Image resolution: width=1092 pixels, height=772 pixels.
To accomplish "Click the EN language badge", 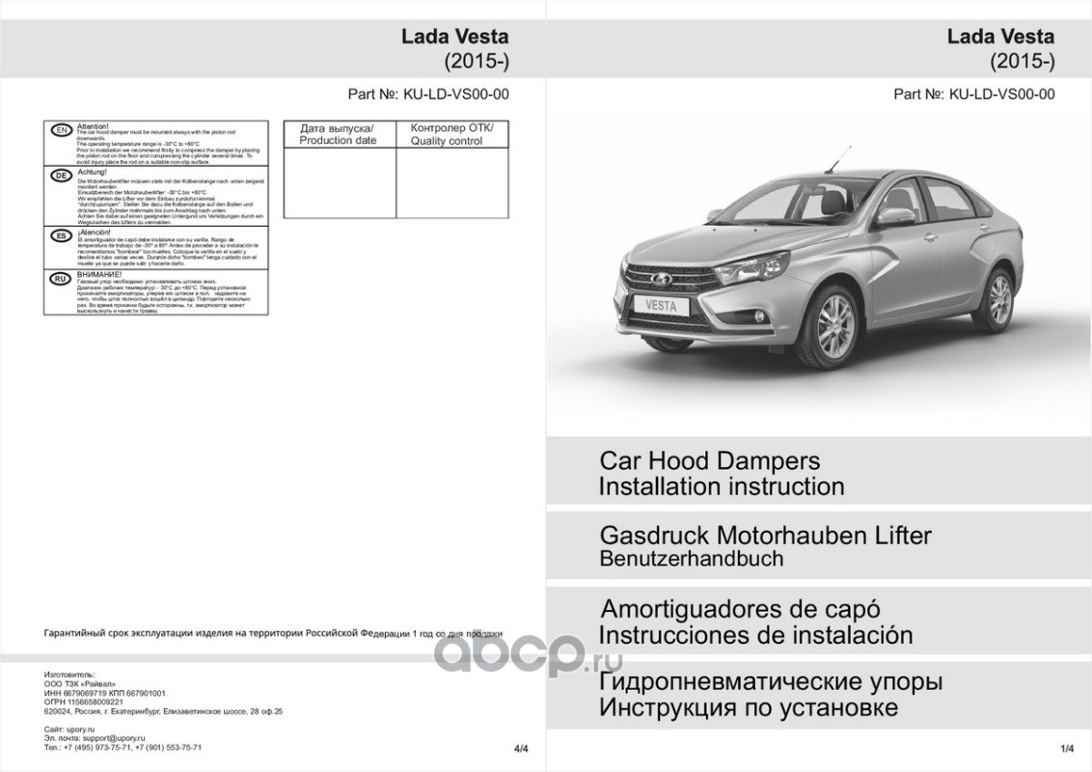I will (x=60, y=129).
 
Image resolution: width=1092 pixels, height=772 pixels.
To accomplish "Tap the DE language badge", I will (x=60, y=176).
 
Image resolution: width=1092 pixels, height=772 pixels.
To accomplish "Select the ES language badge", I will (x=60, y=234).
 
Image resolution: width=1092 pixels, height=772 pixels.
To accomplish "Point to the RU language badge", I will (x=60, y=278).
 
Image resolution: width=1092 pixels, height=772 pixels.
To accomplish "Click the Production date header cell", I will (x=339, y=134).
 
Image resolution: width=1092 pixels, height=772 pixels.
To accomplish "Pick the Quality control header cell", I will (x=451, y=134).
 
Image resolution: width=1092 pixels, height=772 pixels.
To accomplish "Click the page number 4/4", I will (x=523, y=748).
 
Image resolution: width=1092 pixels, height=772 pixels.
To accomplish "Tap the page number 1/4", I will (x=1067, y=748).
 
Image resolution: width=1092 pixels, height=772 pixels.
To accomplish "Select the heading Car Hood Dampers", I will (x=709, y=460).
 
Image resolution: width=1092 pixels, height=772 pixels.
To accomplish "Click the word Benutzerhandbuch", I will (x=691, y=558).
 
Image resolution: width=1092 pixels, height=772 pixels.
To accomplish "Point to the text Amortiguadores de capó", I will (x=740, y=611).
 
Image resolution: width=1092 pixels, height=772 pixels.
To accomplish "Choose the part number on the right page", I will (x=974, y=95).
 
